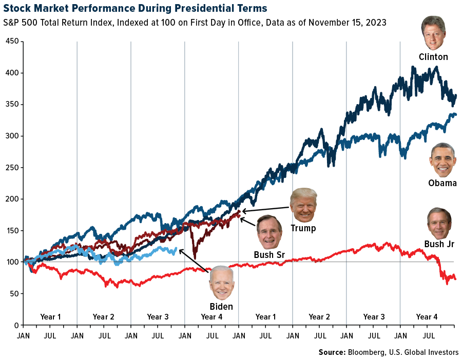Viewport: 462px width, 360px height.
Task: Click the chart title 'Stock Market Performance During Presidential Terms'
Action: pyautogui.click(x=135, y=8)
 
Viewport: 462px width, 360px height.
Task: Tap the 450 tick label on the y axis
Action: pyautogui.click(x=12, y=41)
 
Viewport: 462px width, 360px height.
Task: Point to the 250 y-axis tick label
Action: pyautogui.click(x=12, y=168)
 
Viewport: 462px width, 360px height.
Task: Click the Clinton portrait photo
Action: pyautogui.click(x=433, y=33)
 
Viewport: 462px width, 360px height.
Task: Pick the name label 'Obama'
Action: pyautogui.click(x=442, y=183)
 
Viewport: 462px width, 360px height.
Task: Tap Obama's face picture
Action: pyautogui.click(x=442, y=160)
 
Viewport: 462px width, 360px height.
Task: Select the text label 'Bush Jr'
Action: pyautogui.click(x=439, y=244)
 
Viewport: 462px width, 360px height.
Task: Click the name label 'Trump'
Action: pyautogui.click(x=303, y=228)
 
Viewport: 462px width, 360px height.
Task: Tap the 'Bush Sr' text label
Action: pyautogui.click(x=269, y=255)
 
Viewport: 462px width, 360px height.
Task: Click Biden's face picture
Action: pyautogui.click(x=221, y=283)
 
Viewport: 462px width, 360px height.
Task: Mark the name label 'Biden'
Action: pyautogui.click(x=221, y=307)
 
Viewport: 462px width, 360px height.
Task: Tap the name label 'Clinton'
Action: pyautogui.click(x=433, y=57)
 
